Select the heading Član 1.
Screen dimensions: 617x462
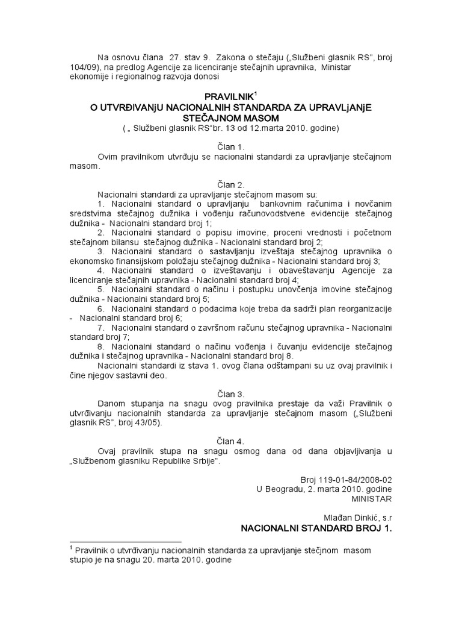tap(231, 146)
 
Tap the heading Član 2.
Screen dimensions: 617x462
tap(231, 185)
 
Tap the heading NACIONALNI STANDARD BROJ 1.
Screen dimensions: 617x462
tap(316, 528)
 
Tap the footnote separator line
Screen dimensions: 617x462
tap(126, 541)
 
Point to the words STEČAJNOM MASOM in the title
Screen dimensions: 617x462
tap(230, 117)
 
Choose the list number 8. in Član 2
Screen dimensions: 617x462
tap(101, 348)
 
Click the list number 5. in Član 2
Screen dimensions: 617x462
tap(101, 290)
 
